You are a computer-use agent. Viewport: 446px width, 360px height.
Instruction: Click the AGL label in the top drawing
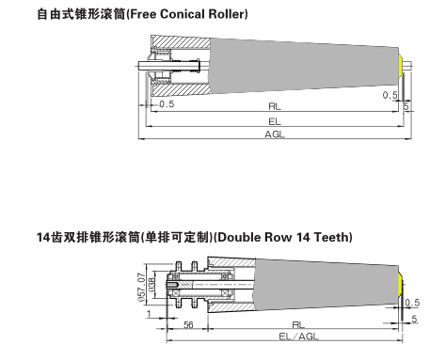[275, 135]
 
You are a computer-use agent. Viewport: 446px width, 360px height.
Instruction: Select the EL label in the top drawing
[275, 121]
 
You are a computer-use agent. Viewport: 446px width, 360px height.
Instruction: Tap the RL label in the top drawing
[275, 107]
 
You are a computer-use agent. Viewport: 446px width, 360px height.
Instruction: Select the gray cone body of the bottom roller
[320, 281]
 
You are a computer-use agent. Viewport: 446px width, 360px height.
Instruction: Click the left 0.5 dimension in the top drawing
[167, 104]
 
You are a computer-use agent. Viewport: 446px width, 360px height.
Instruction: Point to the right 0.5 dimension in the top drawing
[390, 95]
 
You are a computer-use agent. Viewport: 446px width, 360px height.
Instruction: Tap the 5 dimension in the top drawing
[406, 107]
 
